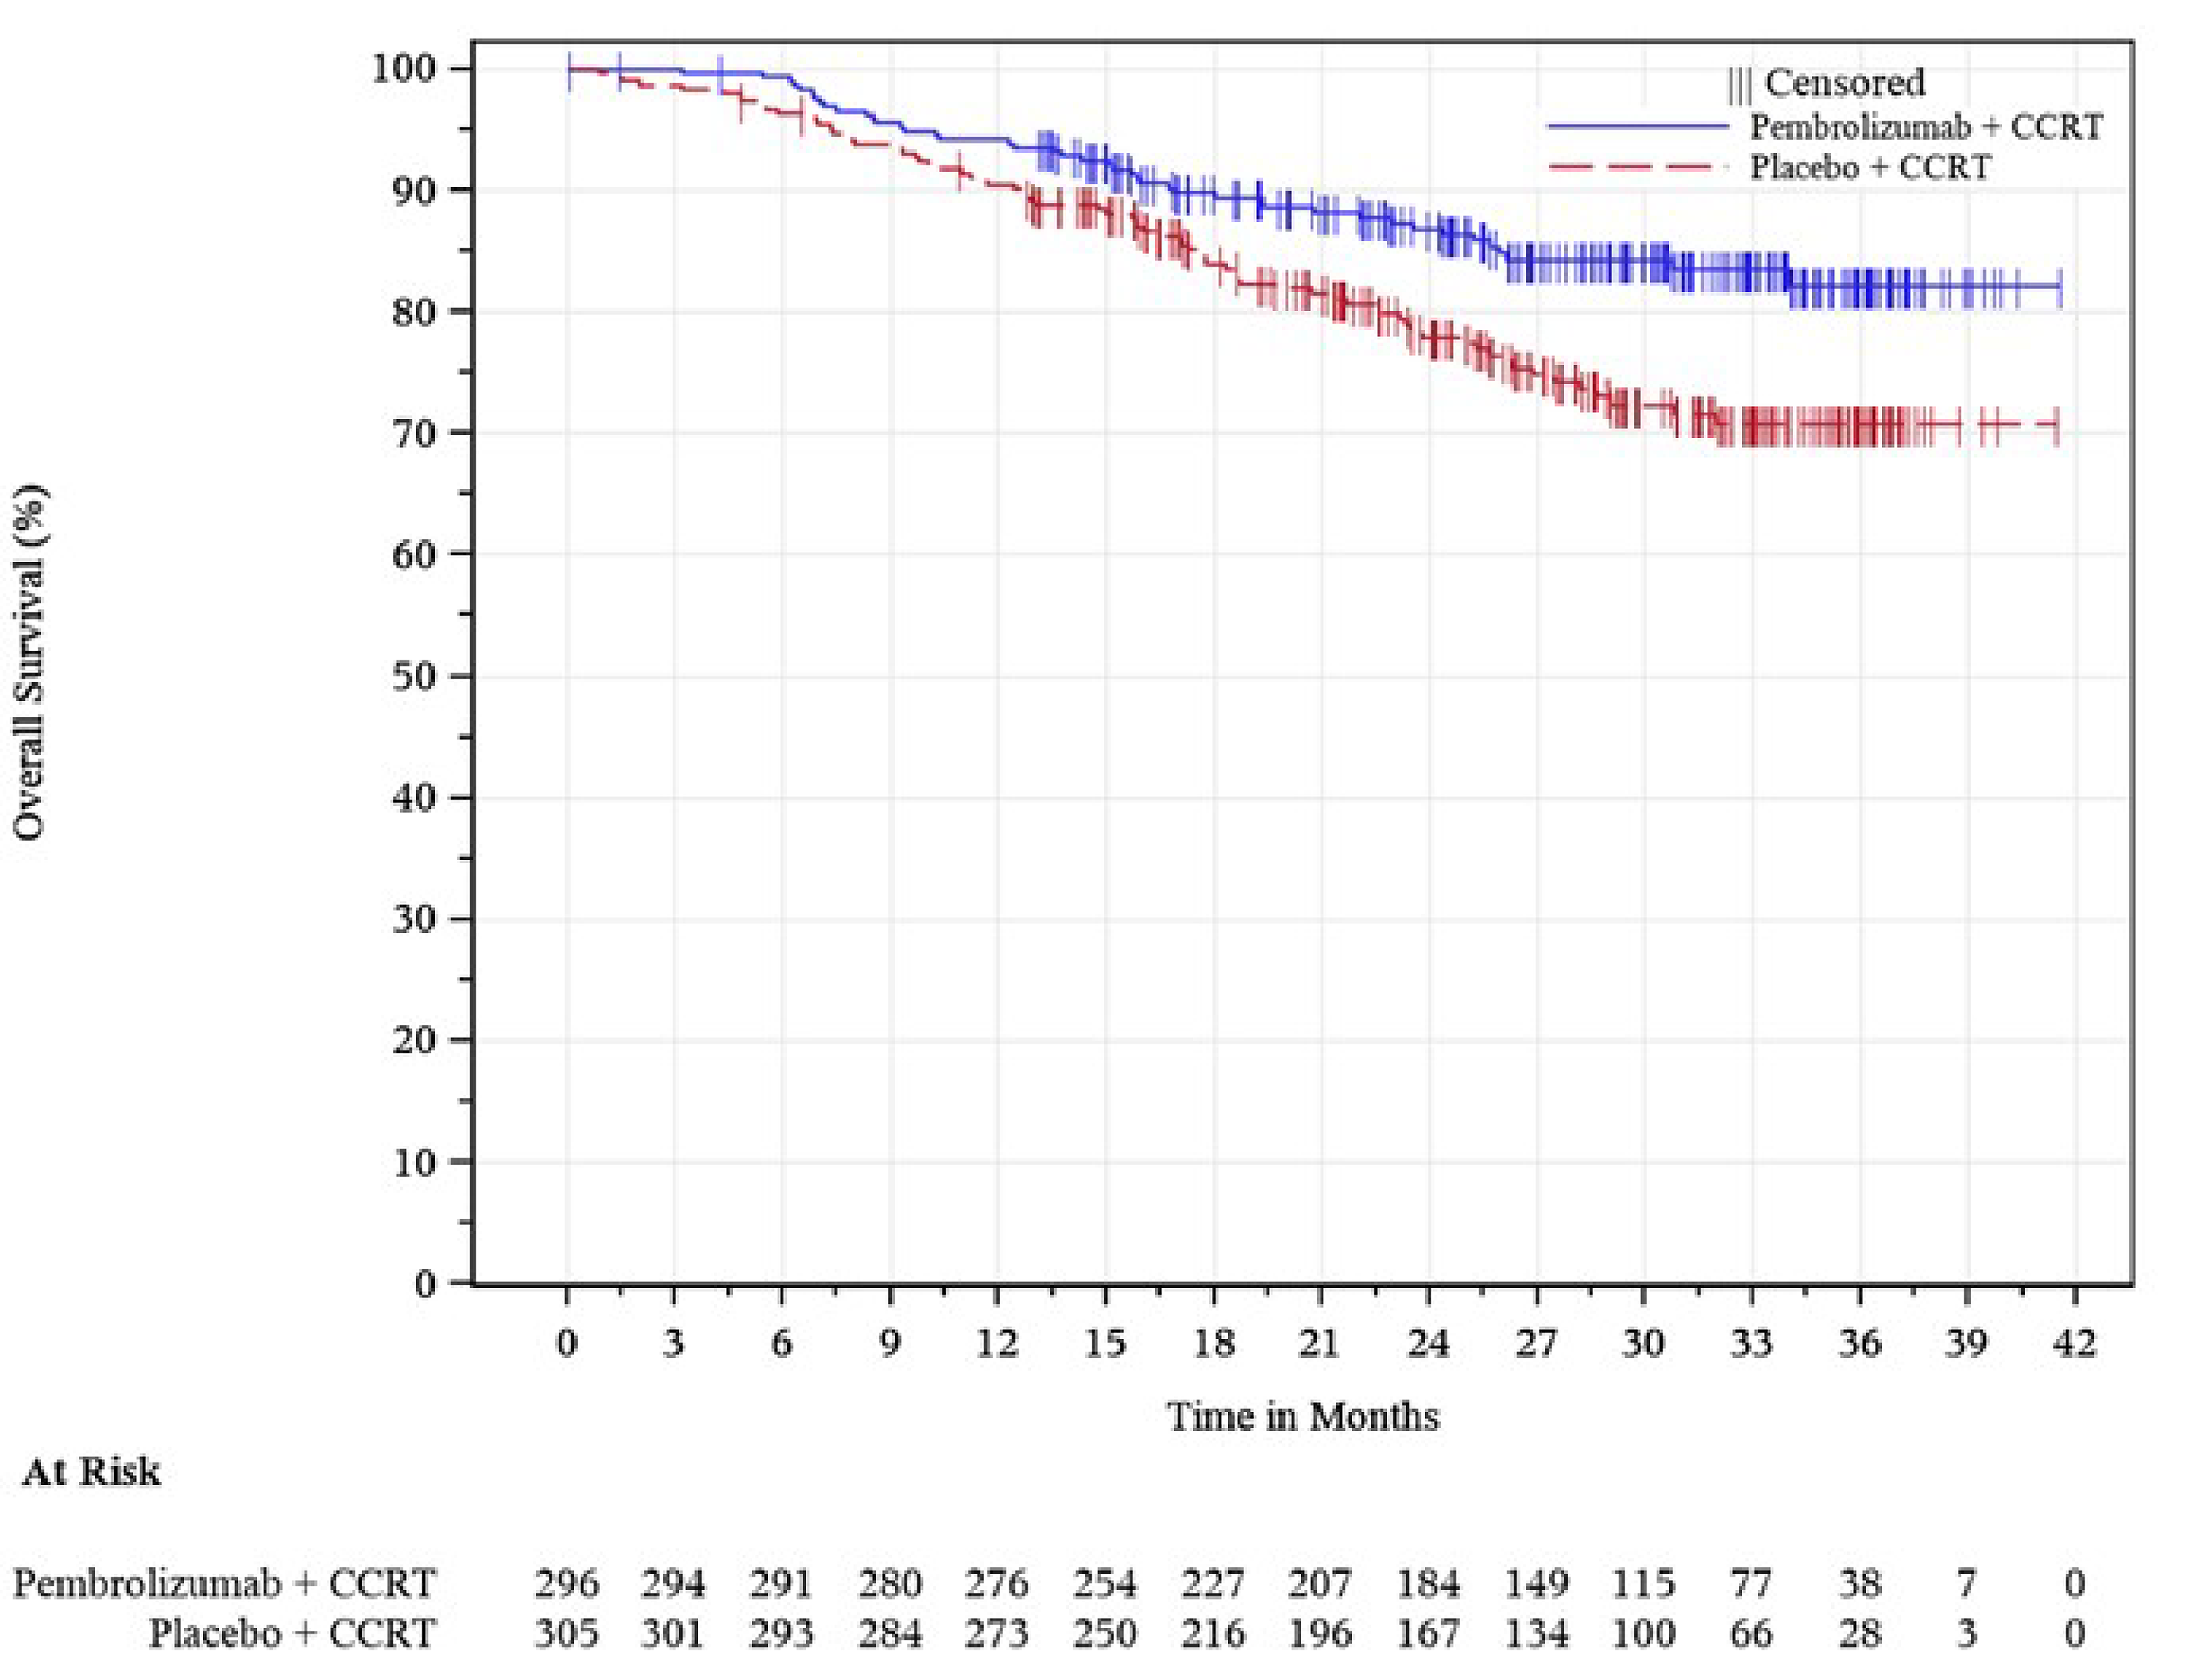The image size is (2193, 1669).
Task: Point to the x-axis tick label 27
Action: point(1535,1343)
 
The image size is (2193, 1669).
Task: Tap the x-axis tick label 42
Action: point(2074,1343)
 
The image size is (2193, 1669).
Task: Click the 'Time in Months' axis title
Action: point(1302,1416)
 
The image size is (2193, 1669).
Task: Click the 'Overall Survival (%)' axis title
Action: point(30,663)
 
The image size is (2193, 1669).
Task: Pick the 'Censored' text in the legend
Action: point(1843,83)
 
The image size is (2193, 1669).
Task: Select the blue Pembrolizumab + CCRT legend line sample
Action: point(1638,127)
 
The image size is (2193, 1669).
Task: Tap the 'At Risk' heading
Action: point(91,1471)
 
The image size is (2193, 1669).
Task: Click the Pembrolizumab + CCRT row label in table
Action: point(225,1582)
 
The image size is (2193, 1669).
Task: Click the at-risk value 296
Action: point(567,1582)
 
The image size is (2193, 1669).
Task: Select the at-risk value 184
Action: point(1428,1582)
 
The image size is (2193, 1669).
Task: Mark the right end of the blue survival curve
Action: point(2060,287)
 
